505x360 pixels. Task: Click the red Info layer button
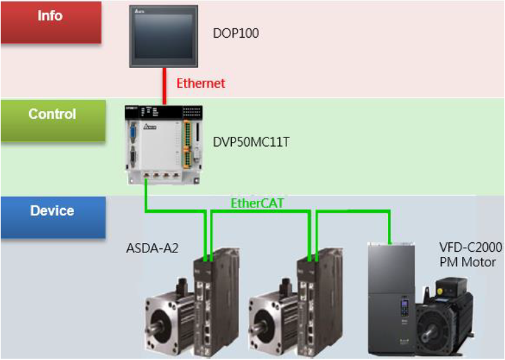tap(50, 22)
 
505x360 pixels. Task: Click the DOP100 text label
tap(236, 32)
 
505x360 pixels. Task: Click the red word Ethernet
tap(201, 83)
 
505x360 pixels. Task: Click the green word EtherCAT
tap(257, 203)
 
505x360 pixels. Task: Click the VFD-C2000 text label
tap(471, 248)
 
